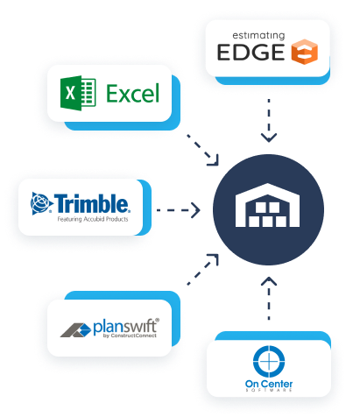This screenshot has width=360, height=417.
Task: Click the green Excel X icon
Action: click(71, 92)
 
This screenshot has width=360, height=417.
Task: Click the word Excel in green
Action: click(131, 92)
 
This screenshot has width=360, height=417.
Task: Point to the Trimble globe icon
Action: click(41, 204)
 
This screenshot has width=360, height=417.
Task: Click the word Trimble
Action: click(93, 204)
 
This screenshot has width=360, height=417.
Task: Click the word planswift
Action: click(128, 327)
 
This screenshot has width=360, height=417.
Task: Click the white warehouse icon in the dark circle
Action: click(268, 209)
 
